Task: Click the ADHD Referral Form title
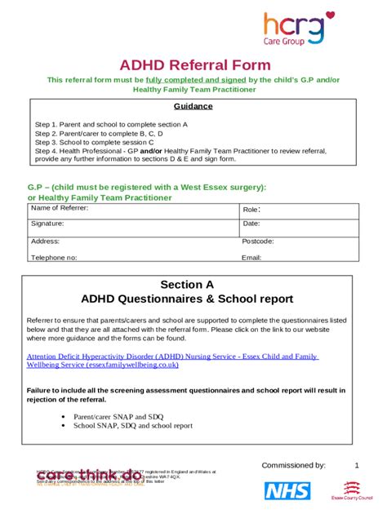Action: click(193, 64)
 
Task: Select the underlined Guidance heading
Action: click(193, 106)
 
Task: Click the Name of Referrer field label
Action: click(60, 209)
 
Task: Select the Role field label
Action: click(251, 210)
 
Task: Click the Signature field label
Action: click(47, 224)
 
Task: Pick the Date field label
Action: click(251, 224)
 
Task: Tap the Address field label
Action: click(45, 241)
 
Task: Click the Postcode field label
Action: click(258, 241)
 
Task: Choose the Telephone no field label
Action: click(54, 257)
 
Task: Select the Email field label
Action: click(251, 257)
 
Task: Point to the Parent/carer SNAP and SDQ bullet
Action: click(114, 416)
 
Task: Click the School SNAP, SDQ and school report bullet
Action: click(132, 425)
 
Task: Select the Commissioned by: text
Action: click(293, 465)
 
